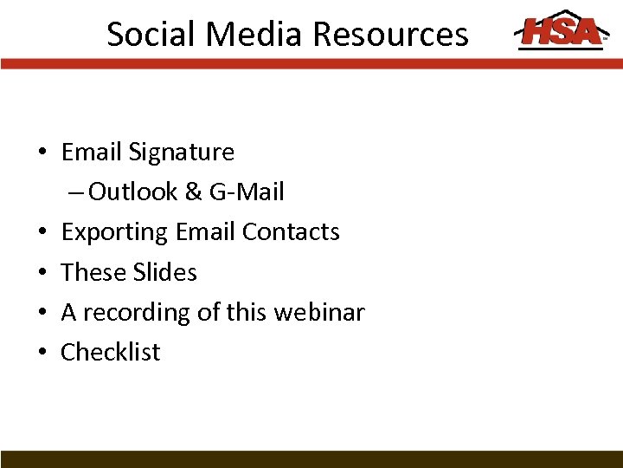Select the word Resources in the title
click(390, 34)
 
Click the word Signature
click(182, 153)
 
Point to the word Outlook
click(133, 192)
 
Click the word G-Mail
click(247, 192)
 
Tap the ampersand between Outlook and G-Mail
click(194, 192)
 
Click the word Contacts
click(291, 232)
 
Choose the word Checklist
click(111, 352)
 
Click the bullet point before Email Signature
click(42, 153)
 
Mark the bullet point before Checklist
click(42, 353)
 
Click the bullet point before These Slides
click(42, 273)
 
